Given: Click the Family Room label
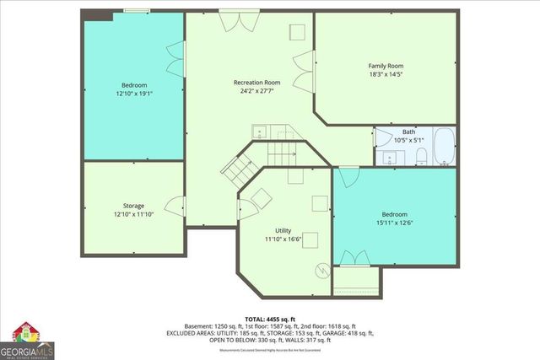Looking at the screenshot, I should point(386,66).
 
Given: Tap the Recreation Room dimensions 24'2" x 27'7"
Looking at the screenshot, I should point(256,91).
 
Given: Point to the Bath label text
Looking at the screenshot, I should point(408,132).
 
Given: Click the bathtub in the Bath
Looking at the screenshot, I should point(444,147).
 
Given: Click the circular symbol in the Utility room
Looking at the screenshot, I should point(321,271).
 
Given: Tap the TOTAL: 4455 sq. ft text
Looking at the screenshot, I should point(269,318).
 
